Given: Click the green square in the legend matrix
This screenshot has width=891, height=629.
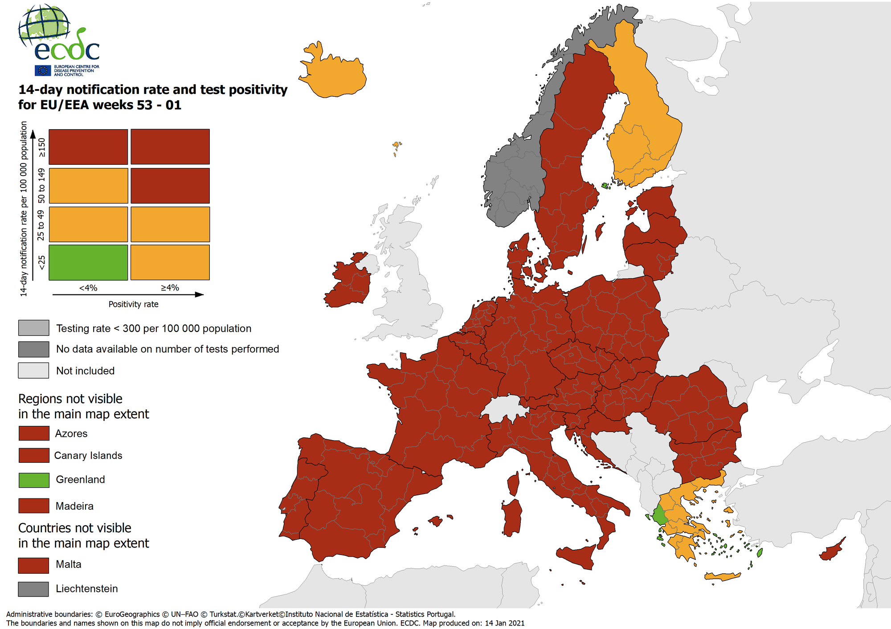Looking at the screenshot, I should point(88,262).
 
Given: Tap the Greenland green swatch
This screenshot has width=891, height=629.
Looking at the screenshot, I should point(34,480).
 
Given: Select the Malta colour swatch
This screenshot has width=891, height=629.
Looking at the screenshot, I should point(33,565).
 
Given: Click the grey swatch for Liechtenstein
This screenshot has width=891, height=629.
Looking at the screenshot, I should point(33,589).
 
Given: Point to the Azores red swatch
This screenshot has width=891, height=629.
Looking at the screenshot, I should point(34,433).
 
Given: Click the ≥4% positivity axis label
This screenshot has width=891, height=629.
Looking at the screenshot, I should point(170,288).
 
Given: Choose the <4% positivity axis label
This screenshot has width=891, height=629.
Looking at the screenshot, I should point(88,288).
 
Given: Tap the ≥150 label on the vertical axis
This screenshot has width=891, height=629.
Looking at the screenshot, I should point(41,147).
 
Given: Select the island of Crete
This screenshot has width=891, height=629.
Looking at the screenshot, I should point(722,576).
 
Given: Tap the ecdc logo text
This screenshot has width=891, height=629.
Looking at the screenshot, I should point(67,50).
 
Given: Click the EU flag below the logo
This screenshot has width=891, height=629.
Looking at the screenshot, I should point(43,70).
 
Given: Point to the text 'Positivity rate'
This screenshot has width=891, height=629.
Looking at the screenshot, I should point(133,304).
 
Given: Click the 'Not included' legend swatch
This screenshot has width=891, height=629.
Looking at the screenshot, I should point(33,371).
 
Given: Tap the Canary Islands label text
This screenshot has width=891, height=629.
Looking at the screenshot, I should point(88,456).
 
